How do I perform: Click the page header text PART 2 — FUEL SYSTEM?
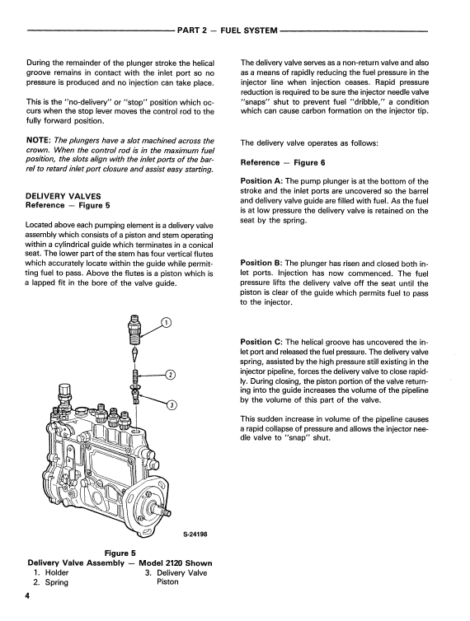tap(228, 30)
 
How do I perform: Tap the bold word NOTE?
tap(38, 141)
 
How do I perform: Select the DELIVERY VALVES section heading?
tap(63, 196)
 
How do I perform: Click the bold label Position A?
tap(261, 181)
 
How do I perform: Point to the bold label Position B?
tap(261, 263)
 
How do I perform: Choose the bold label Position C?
tap(261, 342)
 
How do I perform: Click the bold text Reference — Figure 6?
tap(283, 162)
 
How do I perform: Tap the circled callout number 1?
tap(167, 323)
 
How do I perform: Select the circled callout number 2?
tap(171, 375)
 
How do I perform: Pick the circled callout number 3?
tap(172, 404)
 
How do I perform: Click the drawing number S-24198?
tap(195, 534)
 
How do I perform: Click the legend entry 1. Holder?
tap(51, 572)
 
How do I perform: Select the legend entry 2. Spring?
tap(51, 582)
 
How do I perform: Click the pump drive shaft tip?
tap(167, 513)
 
